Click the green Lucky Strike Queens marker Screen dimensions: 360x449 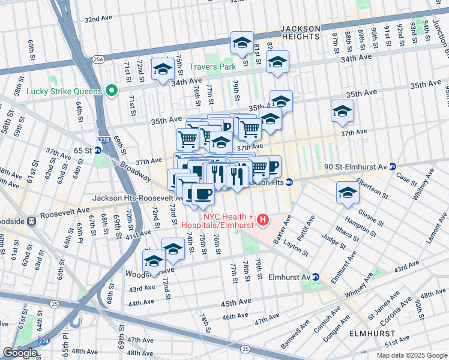111,91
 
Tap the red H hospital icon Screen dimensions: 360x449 262,221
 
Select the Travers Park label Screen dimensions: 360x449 212,67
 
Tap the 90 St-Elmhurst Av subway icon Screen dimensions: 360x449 392,166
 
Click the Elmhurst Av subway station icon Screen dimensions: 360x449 316,277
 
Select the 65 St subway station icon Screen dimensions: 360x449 97,150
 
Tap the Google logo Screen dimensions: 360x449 20,353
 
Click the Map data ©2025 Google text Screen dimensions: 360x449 412,355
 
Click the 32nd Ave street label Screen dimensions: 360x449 99,19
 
